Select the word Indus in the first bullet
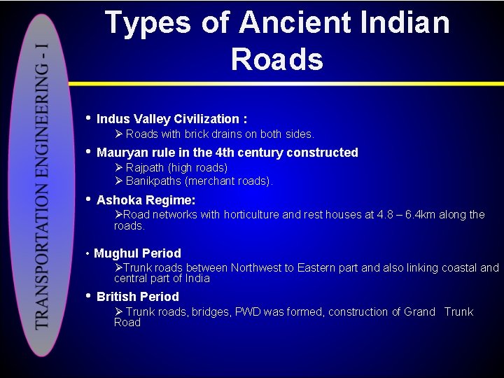point(112,119)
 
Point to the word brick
point(199,134)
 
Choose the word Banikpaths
point(155,181)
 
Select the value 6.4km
point(430,215)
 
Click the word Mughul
point(115,253)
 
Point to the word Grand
point(419,312)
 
